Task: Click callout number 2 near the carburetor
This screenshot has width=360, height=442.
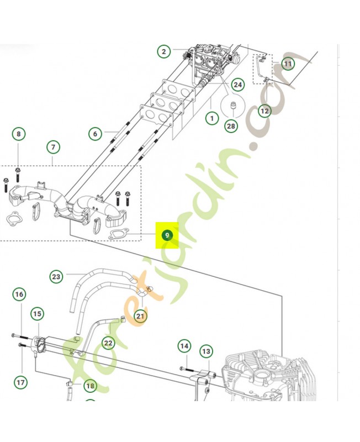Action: tap(164, 52)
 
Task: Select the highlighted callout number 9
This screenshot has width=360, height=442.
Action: tap(167, 236)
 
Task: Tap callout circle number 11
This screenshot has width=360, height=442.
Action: tap(287, 64)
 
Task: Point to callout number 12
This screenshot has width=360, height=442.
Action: tap(264, 110)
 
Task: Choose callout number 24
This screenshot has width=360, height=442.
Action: tap(237, 85)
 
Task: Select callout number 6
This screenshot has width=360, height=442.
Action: tap(95, 134)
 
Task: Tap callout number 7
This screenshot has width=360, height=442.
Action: tap(53, 148)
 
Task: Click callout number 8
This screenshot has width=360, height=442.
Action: tap(19, 134)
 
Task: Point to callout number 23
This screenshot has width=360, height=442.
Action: tap(56, 276)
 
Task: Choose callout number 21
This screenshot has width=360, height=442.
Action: tap(140, 316)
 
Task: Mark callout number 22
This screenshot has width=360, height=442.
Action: tap(108, 343)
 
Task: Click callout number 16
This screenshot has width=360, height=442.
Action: tap(19, 294)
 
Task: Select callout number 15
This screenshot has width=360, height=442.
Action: tap(37, 314)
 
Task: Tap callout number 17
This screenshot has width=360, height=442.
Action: tap(20, 381)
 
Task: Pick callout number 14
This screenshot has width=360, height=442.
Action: tap(184, 346)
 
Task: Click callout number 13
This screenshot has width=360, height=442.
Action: tap(205, 351)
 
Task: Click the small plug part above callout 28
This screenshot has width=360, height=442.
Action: tap(232, 105)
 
